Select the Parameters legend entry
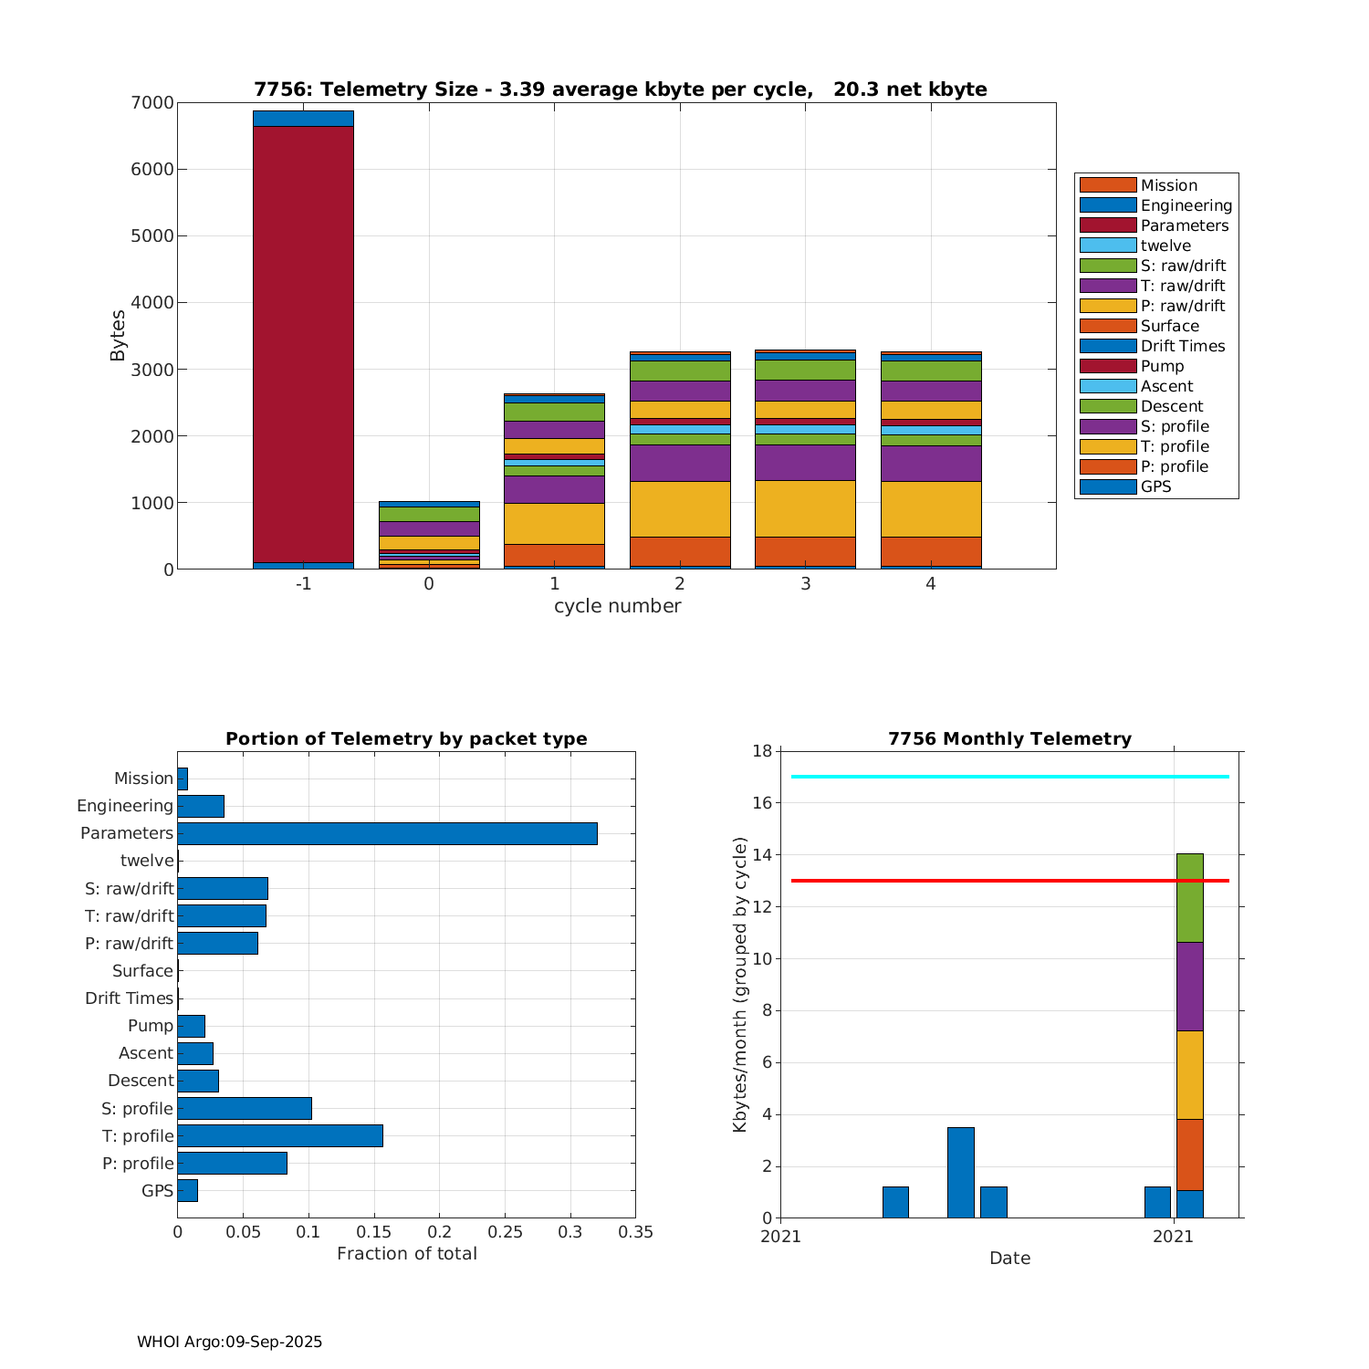[x=1155, y=225]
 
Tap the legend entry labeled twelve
[x=1155, y=246]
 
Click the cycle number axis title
[x=617, y=606]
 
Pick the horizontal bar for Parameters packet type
[x=387, y=833]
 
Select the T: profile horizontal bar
[x=280, y=1135]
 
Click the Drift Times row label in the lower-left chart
[x=129, y=998]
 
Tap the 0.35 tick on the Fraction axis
[x=635, y=1232]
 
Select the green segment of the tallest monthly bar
[x=1189, y=898]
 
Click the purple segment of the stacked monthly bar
[x=1189, y=987]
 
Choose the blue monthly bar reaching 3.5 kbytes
[x=960, y=1173]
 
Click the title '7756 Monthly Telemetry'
[x=1009, y=738]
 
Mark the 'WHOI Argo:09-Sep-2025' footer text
[x=229, y=1342]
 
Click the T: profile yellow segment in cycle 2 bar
[x=680, y=508]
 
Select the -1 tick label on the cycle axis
[x=303, y=584]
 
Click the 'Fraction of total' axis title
[x=406, y=1254]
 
